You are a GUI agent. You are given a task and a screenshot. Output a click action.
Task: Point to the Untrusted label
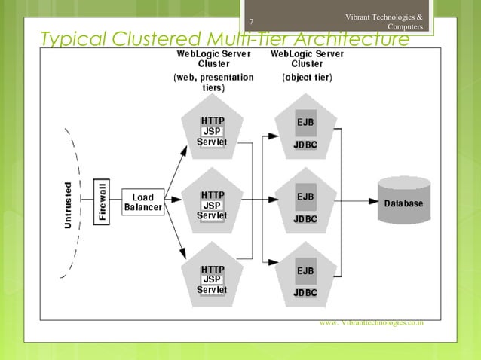click(69, 203)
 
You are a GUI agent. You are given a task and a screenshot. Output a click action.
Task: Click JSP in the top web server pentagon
click(211, 131)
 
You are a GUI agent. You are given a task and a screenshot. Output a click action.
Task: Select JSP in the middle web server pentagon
click(211, 206)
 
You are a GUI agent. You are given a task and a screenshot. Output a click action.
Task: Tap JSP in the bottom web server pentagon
click(211, 279)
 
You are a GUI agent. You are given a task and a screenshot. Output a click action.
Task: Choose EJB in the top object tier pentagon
click(305, 123)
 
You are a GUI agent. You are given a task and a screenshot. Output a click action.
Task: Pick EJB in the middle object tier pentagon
click(305, 197)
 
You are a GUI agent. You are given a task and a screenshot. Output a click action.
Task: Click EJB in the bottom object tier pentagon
click(305, 271)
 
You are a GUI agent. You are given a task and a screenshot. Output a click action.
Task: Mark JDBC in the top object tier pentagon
click(305, 145)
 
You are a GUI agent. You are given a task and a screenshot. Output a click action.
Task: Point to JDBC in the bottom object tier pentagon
click(305, 293)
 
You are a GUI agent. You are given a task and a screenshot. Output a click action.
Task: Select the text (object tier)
click(307, 77)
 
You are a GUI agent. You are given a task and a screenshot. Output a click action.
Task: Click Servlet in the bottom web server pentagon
click(211, 290)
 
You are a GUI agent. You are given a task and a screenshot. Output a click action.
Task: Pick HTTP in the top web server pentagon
click(211, 121)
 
